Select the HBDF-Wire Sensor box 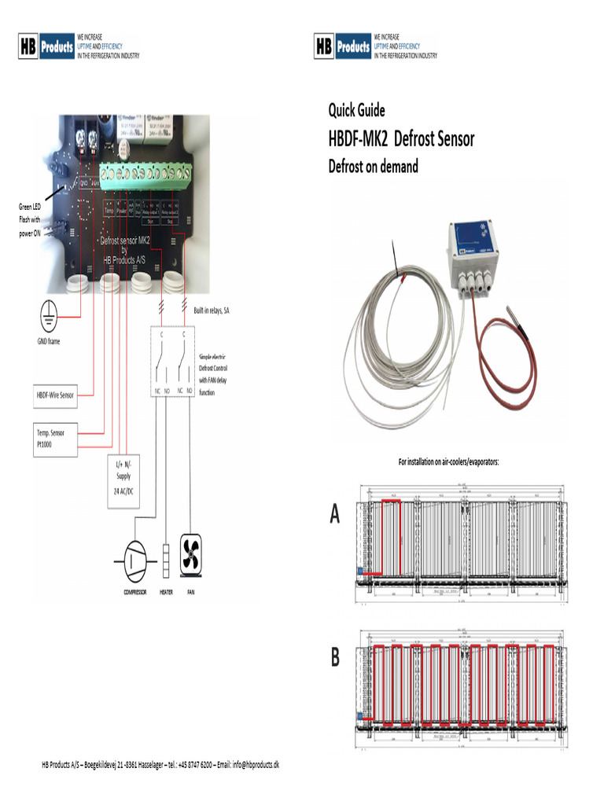55,395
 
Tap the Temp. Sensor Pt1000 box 55,438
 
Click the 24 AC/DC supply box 123,481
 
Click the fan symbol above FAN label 191,553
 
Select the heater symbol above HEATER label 166,558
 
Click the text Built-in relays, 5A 212,311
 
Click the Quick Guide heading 356,110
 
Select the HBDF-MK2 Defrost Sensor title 401,140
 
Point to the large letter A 335,514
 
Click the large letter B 335,657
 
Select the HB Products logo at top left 46,47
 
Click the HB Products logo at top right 342,47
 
